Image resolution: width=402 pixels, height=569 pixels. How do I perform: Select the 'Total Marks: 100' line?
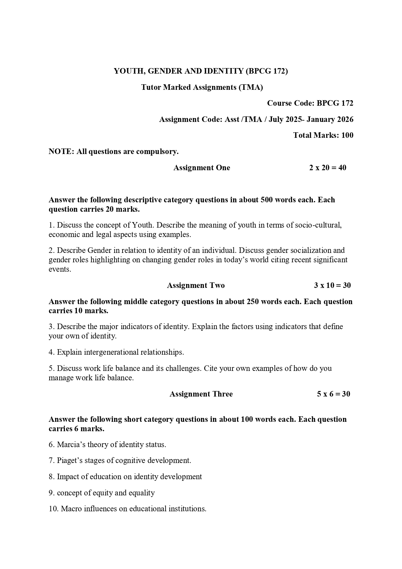(323, 135)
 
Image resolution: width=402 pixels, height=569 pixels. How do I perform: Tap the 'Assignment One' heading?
(202, 168)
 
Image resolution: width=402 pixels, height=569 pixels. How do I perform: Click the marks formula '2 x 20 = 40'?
(327, 168)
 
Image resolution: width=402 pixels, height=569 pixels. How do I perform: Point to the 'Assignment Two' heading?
(195, 285)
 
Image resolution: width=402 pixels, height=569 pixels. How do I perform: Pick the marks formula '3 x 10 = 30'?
(332, 285)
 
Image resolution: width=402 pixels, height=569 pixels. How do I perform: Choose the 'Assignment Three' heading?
(201, 394)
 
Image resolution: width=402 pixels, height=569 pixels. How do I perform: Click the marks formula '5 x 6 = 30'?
(333, 394)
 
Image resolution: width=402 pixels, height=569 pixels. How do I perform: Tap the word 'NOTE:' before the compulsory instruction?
(61, 151)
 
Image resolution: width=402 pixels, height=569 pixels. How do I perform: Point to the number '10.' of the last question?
(53, 509)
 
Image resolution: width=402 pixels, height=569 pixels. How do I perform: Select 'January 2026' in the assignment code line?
(330, 119)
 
